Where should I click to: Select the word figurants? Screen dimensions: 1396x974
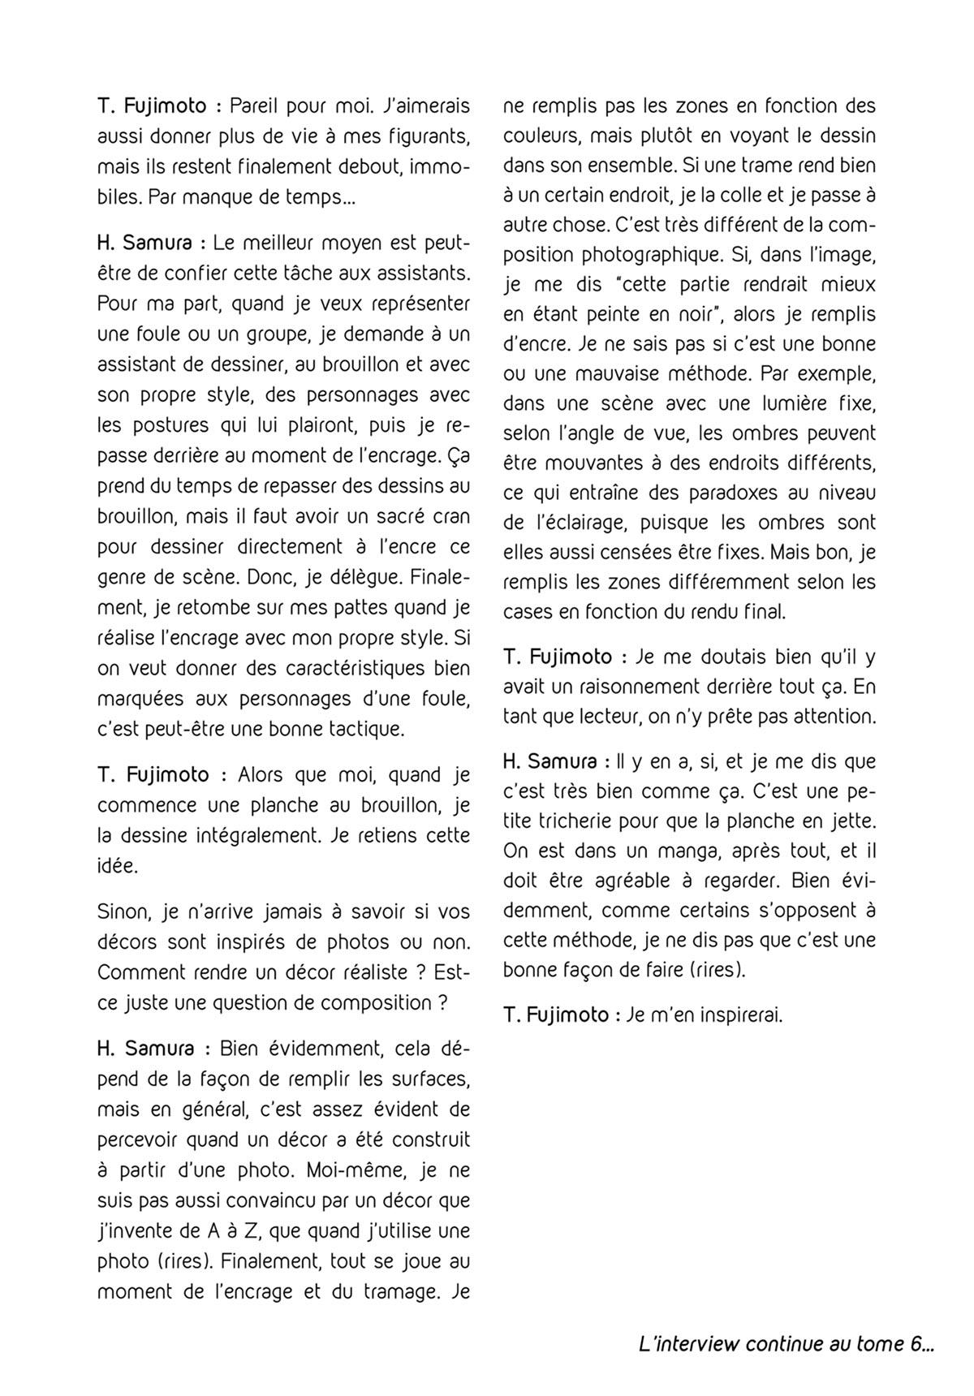(x=426, y=136)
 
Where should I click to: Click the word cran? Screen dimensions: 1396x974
(x=451, y=516)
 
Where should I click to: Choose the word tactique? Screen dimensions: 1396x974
(x=361, y=728)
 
